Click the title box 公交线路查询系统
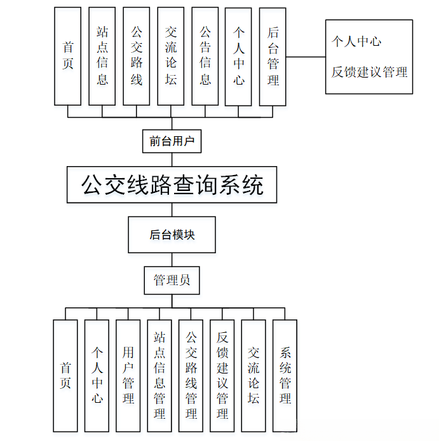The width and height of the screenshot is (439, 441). [x=172, y=185]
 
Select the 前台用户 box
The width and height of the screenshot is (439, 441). [x=172, y=141]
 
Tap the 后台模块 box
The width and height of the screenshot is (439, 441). [x=172, y=235]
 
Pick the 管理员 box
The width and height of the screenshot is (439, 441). [x=172, y=280]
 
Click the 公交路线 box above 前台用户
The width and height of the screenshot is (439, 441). [x=137, y=56]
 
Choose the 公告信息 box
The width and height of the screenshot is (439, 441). [x=205, y=56]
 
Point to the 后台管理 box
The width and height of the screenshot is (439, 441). [x=273, y=56]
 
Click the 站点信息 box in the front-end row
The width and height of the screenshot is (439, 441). [x=102, y=56]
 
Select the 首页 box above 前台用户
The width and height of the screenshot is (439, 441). [x=68, y=56]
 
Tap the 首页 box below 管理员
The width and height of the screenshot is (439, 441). [x=65, y=375]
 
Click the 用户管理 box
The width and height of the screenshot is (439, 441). [x=128, y=375]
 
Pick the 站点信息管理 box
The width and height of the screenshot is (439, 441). [x=159, y=375]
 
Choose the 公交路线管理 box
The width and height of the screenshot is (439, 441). [x=191, y=375]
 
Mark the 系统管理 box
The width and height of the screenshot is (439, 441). [x=285, y=375]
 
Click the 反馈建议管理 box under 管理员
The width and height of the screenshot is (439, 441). [x=222, y=375]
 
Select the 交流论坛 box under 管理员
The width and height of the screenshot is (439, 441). [x=253, y=375]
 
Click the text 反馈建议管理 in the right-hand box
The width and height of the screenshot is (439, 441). [x=369, y=72]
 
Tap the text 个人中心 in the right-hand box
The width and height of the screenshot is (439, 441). [x=356, y=41]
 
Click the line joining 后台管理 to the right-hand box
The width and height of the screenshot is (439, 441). [x=306, y=57]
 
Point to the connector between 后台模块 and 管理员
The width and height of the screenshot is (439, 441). [x=172, y=259]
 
